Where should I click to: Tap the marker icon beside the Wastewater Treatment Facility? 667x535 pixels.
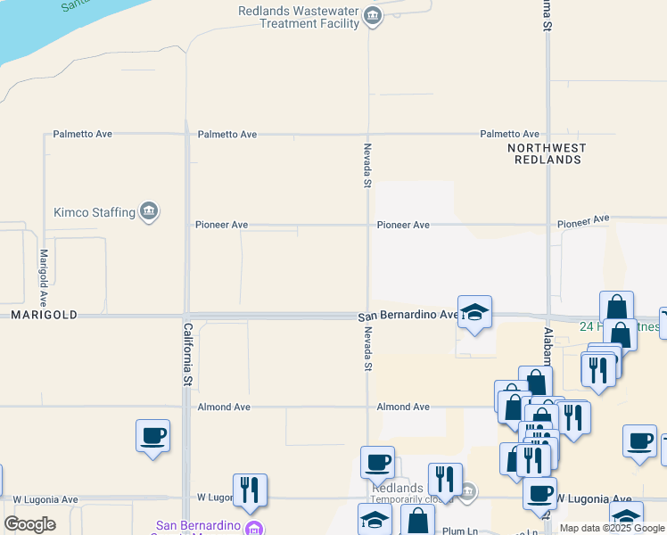point(374,17)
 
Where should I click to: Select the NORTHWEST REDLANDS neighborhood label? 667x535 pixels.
point(548,153)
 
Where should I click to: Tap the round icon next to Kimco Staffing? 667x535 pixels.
point(149,211)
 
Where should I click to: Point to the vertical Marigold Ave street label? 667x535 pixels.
point(43,277)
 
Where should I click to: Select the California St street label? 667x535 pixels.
point(188,354)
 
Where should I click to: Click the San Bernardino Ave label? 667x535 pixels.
point(408,316)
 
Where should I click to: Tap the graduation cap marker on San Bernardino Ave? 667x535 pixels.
point(474,312)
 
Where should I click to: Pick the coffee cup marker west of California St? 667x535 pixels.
point(152,436)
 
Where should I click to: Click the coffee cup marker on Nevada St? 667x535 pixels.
point(377,463)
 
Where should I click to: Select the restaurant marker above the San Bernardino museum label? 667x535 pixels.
point(249,490)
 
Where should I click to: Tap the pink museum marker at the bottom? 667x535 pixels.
point(254,528)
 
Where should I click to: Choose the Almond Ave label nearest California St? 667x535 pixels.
point(223,407)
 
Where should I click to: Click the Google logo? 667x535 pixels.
point(29,524)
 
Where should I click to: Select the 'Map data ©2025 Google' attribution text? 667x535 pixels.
point(613,528)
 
